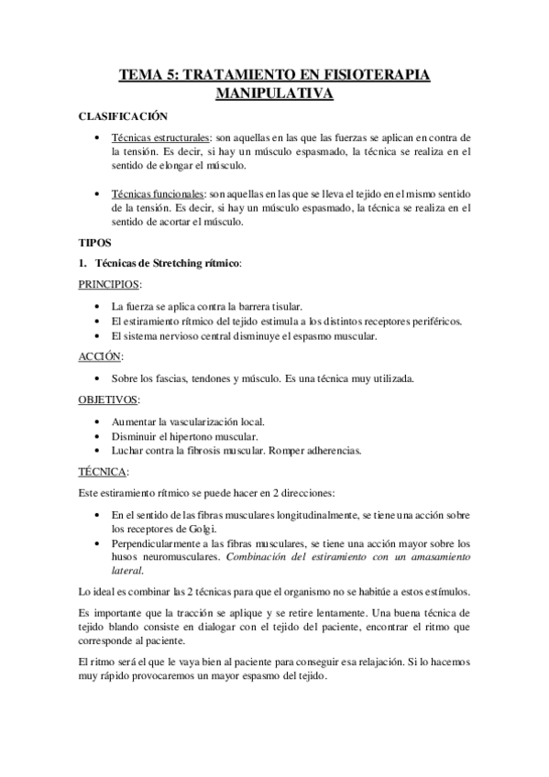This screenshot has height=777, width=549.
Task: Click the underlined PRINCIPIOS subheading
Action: [108, 285]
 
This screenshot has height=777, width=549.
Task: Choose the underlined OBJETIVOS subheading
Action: [108, 399]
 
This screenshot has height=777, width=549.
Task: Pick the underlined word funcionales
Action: [170, 193]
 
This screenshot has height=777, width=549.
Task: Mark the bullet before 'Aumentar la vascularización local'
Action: [98, 421]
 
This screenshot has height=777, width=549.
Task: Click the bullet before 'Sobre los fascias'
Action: [98, 378]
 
